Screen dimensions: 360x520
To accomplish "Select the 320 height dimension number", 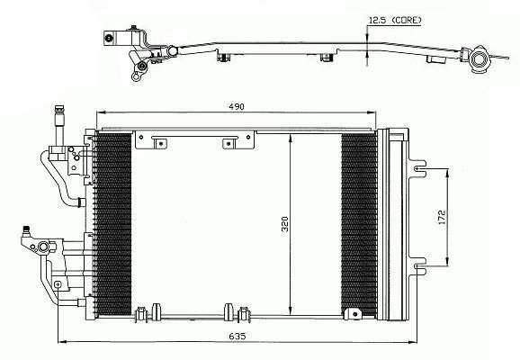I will click(x=284, y=225).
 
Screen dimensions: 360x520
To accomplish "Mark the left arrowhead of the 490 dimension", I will click(x=99, y=115).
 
